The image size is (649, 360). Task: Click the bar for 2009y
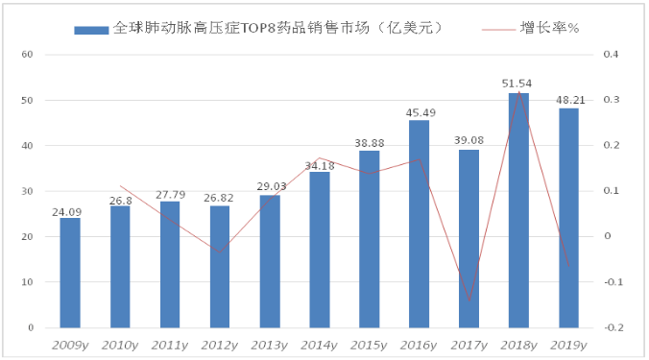coord(70,273)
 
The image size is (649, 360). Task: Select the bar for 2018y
coord(518,210)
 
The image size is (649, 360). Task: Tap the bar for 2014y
coord(320,250)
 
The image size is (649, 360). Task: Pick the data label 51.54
coord(517,84)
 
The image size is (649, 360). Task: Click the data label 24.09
coord(66,212)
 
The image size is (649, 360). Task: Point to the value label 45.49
coord(421,112)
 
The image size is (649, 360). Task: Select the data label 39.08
coord(469,140)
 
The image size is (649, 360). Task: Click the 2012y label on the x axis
coord(219,345)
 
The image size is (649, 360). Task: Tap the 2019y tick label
coord(568,345)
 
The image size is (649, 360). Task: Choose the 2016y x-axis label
coord(419,345)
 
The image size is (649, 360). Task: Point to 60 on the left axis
coord(27,54)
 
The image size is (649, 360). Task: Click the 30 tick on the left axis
coord(27,191)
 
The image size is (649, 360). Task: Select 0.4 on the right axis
coord(611,54)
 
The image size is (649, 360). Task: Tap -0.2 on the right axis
coord(613,327)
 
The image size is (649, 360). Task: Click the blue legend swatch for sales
coord(91,30)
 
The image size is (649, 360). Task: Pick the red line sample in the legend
coord(498,30)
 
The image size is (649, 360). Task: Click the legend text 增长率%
coord(549,28)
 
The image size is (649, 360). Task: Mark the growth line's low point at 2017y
coord(469,300)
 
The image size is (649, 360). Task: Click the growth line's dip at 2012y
coord(220,252)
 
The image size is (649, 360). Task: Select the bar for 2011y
coord(170,264)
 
